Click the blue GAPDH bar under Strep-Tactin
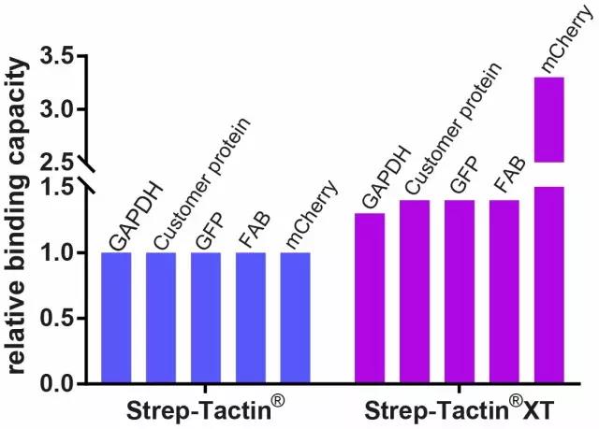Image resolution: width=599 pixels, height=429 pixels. point(116,318)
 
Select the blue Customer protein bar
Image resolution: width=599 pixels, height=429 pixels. point(160,318)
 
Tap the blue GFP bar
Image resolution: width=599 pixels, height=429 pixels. point(206,318)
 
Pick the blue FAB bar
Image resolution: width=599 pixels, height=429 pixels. point(251,318)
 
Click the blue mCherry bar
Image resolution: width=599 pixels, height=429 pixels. point(296,318)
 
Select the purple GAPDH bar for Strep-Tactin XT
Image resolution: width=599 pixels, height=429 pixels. point(370,299)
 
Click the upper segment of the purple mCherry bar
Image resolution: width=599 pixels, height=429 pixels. point(548,119)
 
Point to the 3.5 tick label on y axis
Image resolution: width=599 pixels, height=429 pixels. point(62,57)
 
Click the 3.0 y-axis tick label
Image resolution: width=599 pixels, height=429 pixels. point(62,109)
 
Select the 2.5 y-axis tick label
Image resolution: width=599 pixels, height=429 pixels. point(62,162)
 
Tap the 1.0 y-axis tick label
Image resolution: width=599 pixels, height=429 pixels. point(62,252)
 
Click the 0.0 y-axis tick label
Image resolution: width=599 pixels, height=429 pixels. point(62,383)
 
